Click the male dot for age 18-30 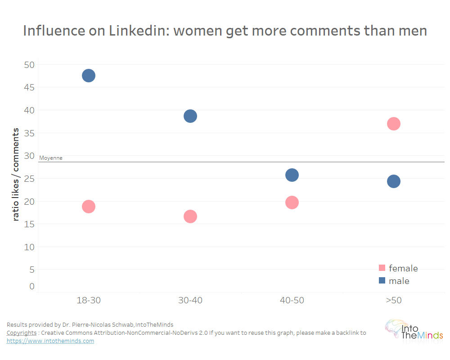pyautogui.click(x=89, y=76)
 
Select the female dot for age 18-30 pyautogui.click(x=89, y=207)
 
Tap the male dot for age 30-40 pyautogui.click(x=190, y=116)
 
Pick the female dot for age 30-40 pyautogui.click(x=190, y=216)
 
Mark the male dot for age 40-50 pyautogui.click(x=292, y=175)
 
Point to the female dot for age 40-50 pyautogui.click(x=292, y=202)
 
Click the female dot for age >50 pyautogui.click(x=394, y=124)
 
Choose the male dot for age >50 pyautogui.click(x=394, y=181)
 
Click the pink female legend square pyautogui.click(x=382, y=268)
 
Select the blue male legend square pyautogui.click(x=382, y=281)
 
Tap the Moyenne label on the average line pyautogui.click(x=51, y=158)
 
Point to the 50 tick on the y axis pyautogui.click(x=29, y=64)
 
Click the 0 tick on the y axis pyautogui.click(x=32, y=286)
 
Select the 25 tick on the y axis pyautogui.click(x=29, y=179)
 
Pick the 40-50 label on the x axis pyautogui.click(x=292, y=301)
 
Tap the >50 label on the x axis pyautogui.click(x=394, y=301)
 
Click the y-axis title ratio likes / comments pyautogui.click(x=16, y=174)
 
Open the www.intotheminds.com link pyautogui.click(x=50, y=341)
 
